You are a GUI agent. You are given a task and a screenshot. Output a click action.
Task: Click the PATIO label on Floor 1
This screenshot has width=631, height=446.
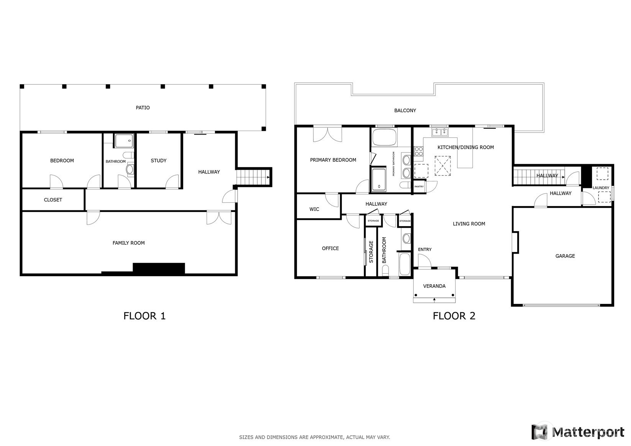[x=143, y=108]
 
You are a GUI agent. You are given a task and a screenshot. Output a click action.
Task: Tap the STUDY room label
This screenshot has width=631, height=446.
[x=159, y=161]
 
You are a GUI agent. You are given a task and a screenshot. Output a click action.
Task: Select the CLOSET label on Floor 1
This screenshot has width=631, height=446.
[x=53, y=200]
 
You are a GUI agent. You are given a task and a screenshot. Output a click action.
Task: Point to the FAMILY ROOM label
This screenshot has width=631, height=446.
[x=128, y=243]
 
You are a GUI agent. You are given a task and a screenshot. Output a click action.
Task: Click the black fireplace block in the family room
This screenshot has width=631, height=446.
[x=159, y=268]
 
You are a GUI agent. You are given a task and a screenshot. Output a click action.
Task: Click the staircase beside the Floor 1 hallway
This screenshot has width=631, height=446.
[x=253, y=177]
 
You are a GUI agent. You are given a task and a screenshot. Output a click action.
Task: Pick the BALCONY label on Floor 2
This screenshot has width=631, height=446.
[x=405, y=110]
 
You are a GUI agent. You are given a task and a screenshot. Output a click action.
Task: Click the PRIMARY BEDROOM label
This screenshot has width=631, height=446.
[x=333, y=160]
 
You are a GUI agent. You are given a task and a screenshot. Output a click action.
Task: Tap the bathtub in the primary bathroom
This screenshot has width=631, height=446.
[x=384, y=137]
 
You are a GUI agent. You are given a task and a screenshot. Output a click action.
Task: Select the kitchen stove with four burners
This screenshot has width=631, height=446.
[x=419, y=151]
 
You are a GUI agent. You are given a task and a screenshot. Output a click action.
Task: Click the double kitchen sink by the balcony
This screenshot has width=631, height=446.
[x=440, y=131]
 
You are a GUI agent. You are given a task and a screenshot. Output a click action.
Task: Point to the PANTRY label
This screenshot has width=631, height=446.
[x=419, y=187]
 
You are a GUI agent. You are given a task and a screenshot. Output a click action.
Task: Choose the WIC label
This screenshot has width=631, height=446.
[x=314, y=209]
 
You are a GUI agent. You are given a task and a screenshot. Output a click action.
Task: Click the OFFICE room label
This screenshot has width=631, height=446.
[x=330, y=248]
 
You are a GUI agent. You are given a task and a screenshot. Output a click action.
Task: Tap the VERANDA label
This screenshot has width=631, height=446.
[x=434, y=286]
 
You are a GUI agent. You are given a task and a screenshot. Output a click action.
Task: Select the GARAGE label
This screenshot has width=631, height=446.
[x=565, y=256]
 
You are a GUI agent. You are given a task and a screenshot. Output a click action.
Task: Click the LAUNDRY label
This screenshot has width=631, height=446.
[x=601, y=188]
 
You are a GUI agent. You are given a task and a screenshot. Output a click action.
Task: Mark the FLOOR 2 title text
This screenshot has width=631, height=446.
[x=454, y=316]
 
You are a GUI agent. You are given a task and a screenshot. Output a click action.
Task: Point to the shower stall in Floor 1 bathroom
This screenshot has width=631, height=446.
[x=124, y=141]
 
